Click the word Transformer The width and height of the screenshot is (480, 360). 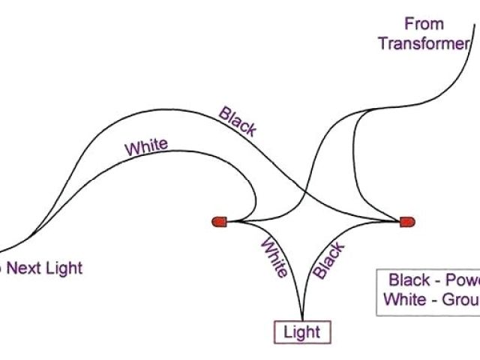(423, 43)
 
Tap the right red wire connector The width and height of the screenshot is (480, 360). (406, 221)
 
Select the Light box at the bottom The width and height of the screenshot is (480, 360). (301, 332)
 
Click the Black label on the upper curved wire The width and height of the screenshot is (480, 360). (238, 121)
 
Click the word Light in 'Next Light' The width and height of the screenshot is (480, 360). (65, 267)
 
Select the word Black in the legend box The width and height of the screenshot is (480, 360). (409, 280)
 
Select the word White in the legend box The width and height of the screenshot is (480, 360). (406, 299)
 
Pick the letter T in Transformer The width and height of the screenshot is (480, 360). (382, 43)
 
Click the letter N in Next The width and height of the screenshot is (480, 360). (14, 267)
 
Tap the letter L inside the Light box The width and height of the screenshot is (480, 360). (287, 332)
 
